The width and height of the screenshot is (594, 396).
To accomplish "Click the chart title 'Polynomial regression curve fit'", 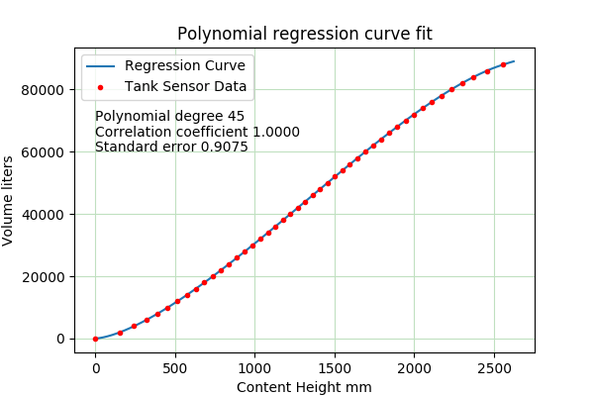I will point(304,35).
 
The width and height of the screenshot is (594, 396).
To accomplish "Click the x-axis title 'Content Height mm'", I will point(304,387).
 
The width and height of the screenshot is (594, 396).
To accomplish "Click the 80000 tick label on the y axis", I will point(46,90).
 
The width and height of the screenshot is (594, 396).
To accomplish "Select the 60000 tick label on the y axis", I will point(46,152).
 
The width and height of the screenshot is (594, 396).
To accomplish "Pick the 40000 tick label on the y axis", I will point(46,215).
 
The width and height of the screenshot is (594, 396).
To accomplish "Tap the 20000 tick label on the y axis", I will point(46,277).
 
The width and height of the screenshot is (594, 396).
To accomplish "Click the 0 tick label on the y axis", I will point(61,340).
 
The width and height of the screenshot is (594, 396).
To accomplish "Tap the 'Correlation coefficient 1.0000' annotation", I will point(197,132).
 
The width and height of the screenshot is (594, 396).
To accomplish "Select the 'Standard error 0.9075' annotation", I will point(171,148).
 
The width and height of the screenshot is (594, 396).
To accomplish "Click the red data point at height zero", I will point(95,339).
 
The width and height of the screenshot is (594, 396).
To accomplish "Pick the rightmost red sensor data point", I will point(503,65).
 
